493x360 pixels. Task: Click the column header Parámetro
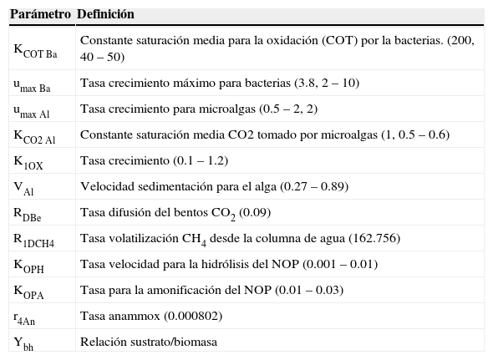pos(39,15)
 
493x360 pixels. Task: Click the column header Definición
pos(105,15)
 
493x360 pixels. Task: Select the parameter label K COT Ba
pos(36,50)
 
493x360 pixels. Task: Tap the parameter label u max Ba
pos(33,84)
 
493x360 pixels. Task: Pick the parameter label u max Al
pos(32,110)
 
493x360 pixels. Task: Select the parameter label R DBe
pos(28,213)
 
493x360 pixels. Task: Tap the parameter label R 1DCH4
pos(34,239)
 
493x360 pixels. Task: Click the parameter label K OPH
pos(28,265)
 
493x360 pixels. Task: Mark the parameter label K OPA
pos(28,291)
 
